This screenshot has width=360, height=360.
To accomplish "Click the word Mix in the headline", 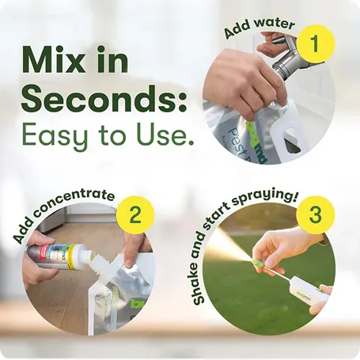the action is pyautogui.click(x=52, y=60).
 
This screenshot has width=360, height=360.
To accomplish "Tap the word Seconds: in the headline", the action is pyautogui.click(x=104, y=99).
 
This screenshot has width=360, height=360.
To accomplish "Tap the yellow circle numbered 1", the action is pyautogui.click(x=315, y=43).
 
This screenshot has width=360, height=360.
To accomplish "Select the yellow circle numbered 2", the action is pyautogui.click(x=135, y=215).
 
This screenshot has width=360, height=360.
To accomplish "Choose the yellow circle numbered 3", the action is pyautogui.click(x=315, y=215).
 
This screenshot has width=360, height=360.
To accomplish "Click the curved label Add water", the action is pyautogui.click(x=260, y=28).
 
